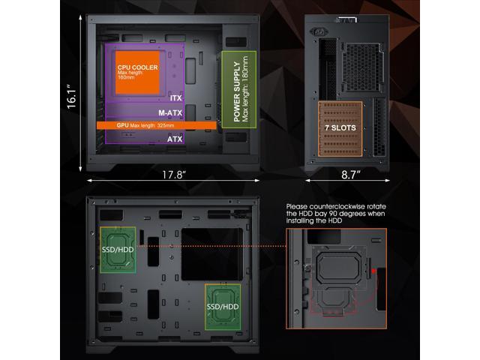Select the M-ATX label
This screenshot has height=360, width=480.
click(x=170, y=113)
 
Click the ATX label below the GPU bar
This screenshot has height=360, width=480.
click(x=174, y=139)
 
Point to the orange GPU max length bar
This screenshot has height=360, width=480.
click(x=157, y=125)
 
